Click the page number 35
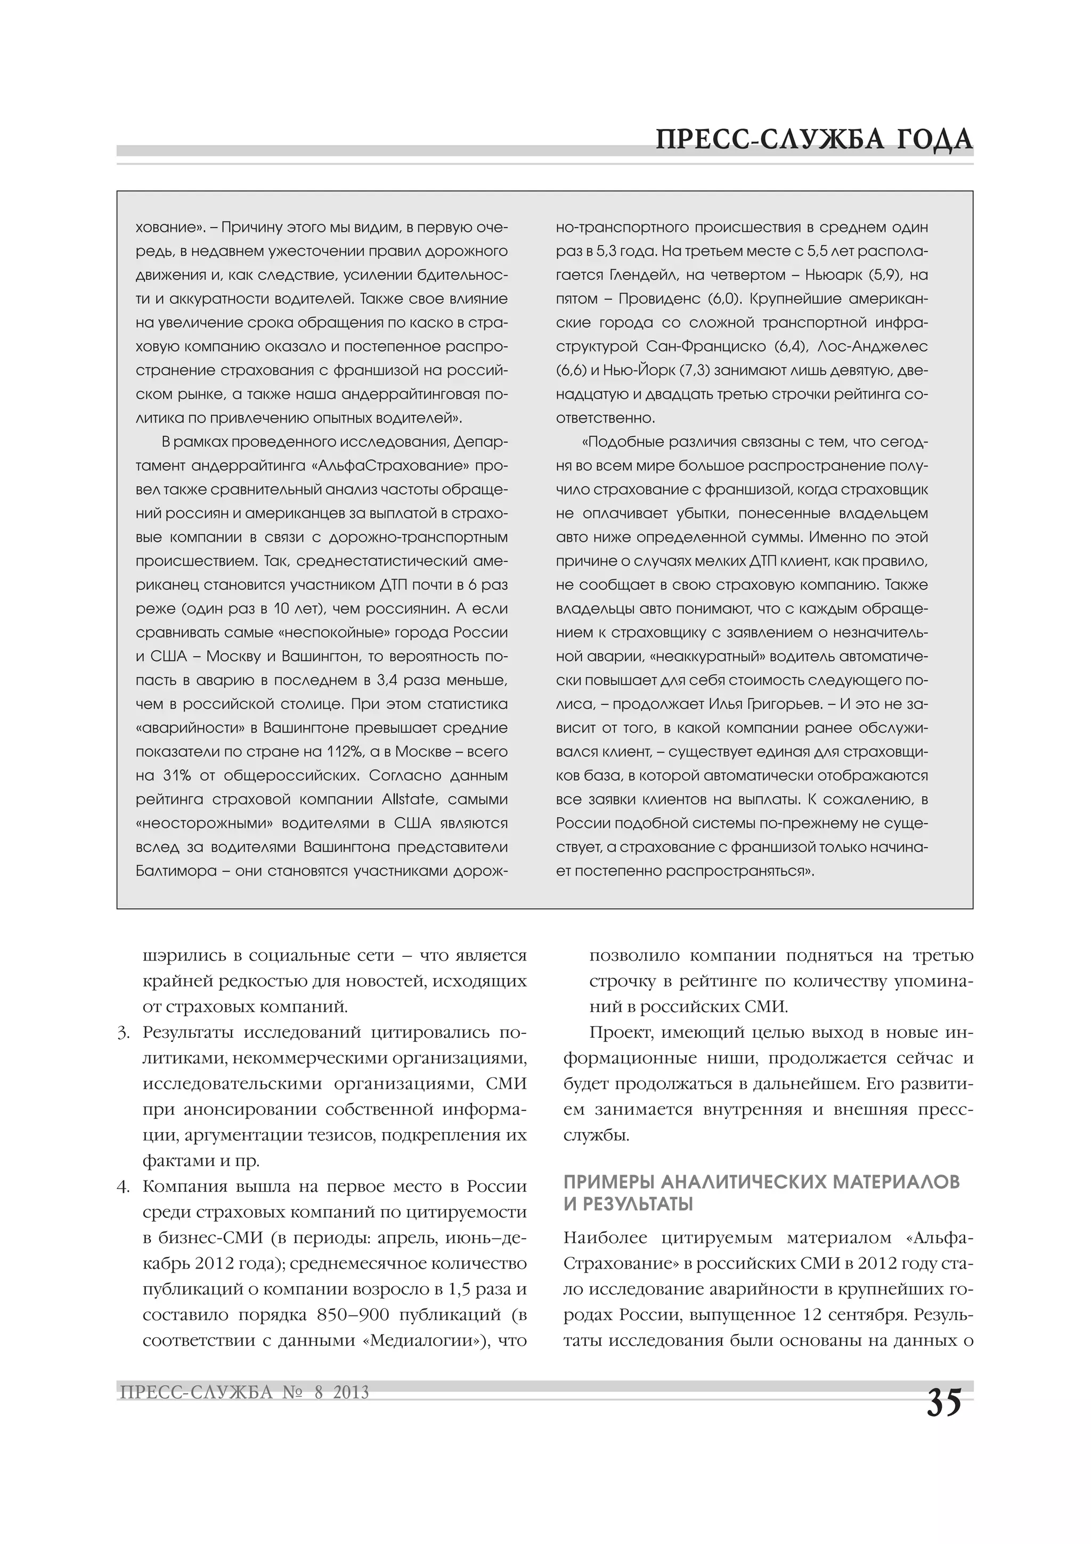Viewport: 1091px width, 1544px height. click(944, 1403)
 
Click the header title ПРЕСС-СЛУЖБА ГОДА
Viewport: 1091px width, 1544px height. click(814, 139)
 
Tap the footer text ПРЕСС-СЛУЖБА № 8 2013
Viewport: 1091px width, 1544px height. click(244, 1392)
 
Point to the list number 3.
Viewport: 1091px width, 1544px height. click(123, 1033)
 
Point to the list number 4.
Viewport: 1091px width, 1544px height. click(123, 1186)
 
